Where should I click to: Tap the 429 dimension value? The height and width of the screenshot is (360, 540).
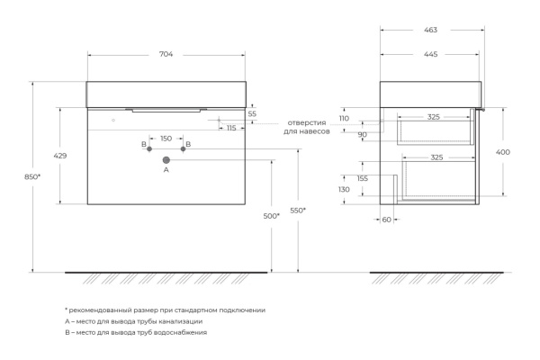tap(60, 156)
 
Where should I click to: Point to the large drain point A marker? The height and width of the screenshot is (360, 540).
tap(166, 160)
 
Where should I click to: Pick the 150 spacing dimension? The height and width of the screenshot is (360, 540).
tap(166, 139)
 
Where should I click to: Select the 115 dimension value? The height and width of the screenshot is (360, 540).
tap(231, 128)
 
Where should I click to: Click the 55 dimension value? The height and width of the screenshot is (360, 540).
tap(252, 114)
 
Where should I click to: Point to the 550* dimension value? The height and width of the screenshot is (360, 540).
tap(298, 211)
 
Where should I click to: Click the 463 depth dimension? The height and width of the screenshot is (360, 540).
tap(433, 31)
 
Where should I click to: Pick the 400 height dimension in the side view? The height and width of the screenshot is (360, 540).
tap(502, 152)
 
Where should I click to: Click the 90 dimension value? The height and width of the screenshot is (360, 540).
tap(362, 135)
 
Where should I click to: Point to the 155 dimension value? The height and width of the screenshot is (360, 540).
tap(363, 178)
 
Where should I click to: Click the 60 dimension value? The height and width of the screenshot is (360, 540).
tap(385, 219)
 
